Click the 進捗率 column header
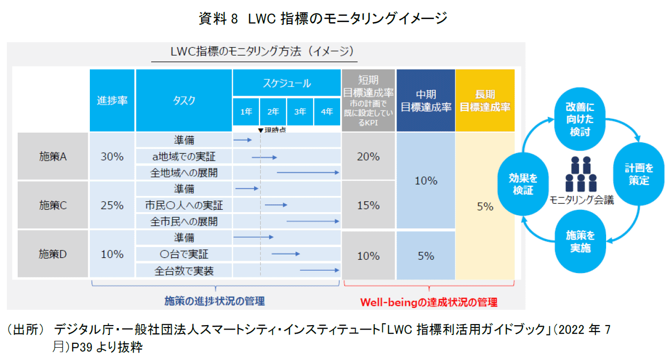click(x=112, y=100)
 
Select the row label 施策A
click(x=53, y=157)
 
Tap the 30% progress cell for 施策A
click(x=112, y=157)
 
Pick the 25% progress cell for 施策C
click(x=112, y=205)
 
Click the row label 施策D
click(x=53, y=254)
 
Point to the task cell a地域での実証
click(x=184, y=157)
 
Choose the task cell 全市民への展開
click(x=184, y=222)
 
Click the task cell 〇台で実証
click(x=184, y=254)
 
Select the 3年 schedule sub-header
click(x=300, y=112)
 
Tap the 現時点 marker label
click(x=272, y=130)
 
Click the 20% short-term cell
click(x=368, y=157)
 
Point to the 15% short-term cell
click(x=368, y=205)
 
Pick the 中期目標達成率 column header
click(x=426, y=100)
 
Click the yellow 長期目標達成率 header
click(x=485, y=100)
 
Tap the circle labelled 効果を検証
click(x=523, y=184)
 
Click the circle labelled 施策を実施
click(x=580, y=241)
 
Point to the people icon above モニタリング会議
click(x=581, y=175)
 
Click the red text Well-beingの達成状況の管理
click(x=428, y=302)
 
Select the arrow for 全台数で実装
click(x=320, y=270)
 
